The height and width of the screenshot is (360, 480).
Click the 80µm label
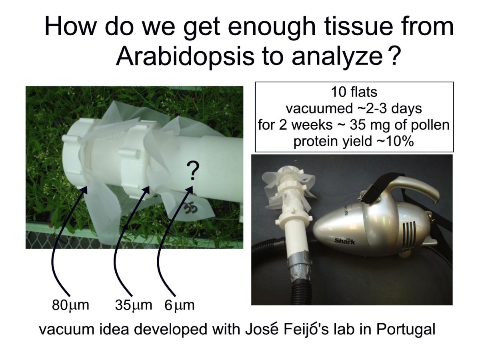click(x=70, y=305)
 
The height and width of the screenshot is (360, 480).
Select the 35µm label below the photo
click(x=133, y=305)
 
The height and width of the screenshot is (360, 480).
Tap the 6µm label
click(x=179, y=305)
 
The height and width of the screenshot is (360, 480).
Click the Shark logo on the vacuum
click(x=345, y=241)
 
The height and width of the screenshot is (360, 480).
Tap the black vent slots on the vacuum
click(x=408, y=235)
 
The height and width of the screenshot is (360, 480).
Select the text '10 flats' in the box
click(x=354, y=92)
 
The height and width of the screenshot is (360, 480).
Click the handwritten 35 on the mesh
click(x=190, y=208)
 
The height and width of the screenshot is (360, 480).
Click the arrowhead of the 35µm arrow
click(x=147, y=190)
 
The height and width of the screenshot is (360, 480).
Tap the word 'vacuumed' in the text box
click(x=319, y=109)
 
